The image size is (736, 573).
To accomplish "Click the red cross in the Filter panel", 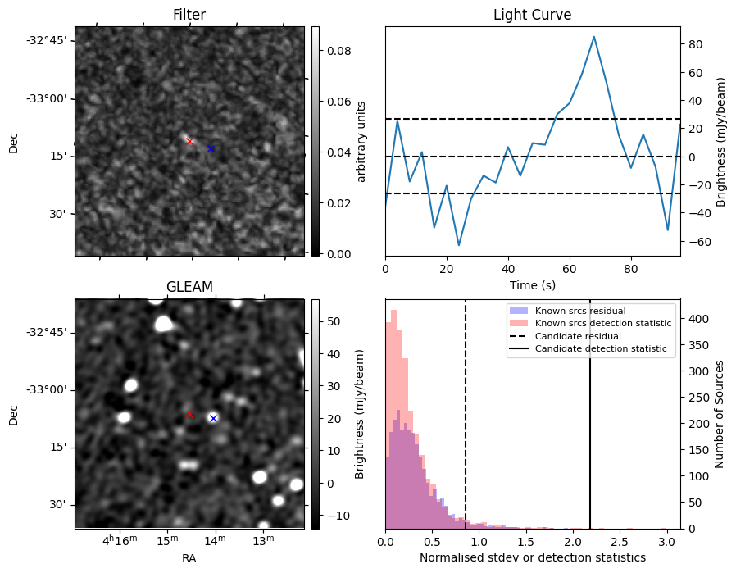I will click(189, 141).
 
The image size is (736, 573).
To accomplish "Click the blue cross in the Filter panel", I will click(211, 148).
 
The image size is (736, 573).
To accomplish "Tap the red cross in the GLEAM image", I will click(189, 414).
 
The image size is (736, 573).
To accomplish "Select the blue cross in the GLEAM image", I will click(213, 418).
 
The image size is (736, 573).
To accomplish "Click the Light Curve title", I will click(532, 15).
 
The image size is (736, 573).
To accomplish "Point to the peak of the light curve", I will click(594, 37).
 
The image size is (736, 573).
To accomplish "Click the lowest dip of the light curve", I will click(459, 245).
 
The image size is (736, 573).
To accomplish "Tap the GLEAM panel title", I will click(189, 287).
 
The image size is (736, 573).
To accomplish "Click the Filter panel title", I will click(189, 15).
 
